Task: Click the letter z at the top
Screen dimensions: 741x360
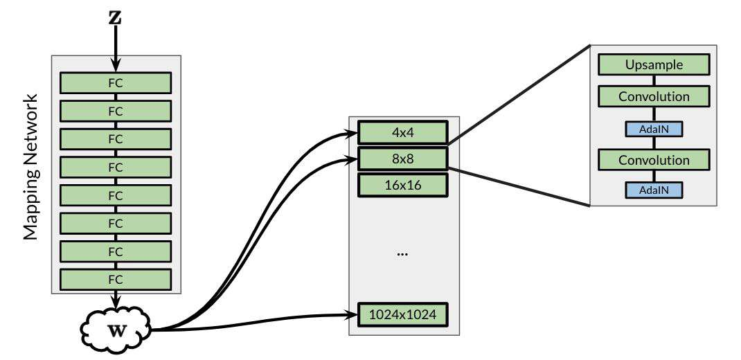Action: (116, 18)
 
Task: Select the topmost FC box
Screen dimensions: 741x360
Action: (116, 82)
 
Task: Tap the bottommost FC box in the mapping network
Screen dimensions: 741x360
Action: (116, 279)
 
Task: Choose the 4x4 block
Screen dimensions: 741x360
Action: (402, 132)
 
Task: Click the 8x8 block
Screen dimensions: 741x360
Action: (402, 159)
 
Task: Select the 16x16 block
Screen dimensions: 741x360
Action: (402, 185)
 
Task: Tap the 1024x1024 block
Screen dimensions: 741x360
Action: (402, 315)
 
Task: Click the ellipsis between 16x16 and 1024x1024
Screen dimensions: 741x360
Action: (402, 254)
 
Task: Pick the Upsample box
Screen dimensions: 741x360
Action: (654, 65)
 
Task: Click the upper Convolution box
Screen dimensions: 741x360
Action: (654, 96)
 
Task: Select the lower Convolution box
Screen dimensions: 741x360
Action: (654, 160)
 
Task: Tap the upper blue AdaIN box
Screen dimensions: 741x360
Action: (654, 128)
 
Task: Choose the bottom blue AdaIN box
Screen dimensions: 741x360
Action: (654, 188)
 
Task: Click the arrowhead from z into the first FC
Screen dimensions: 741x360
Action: (116, 67)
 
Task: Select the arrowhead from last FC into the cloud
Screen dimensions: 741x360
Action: (116, 302)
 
